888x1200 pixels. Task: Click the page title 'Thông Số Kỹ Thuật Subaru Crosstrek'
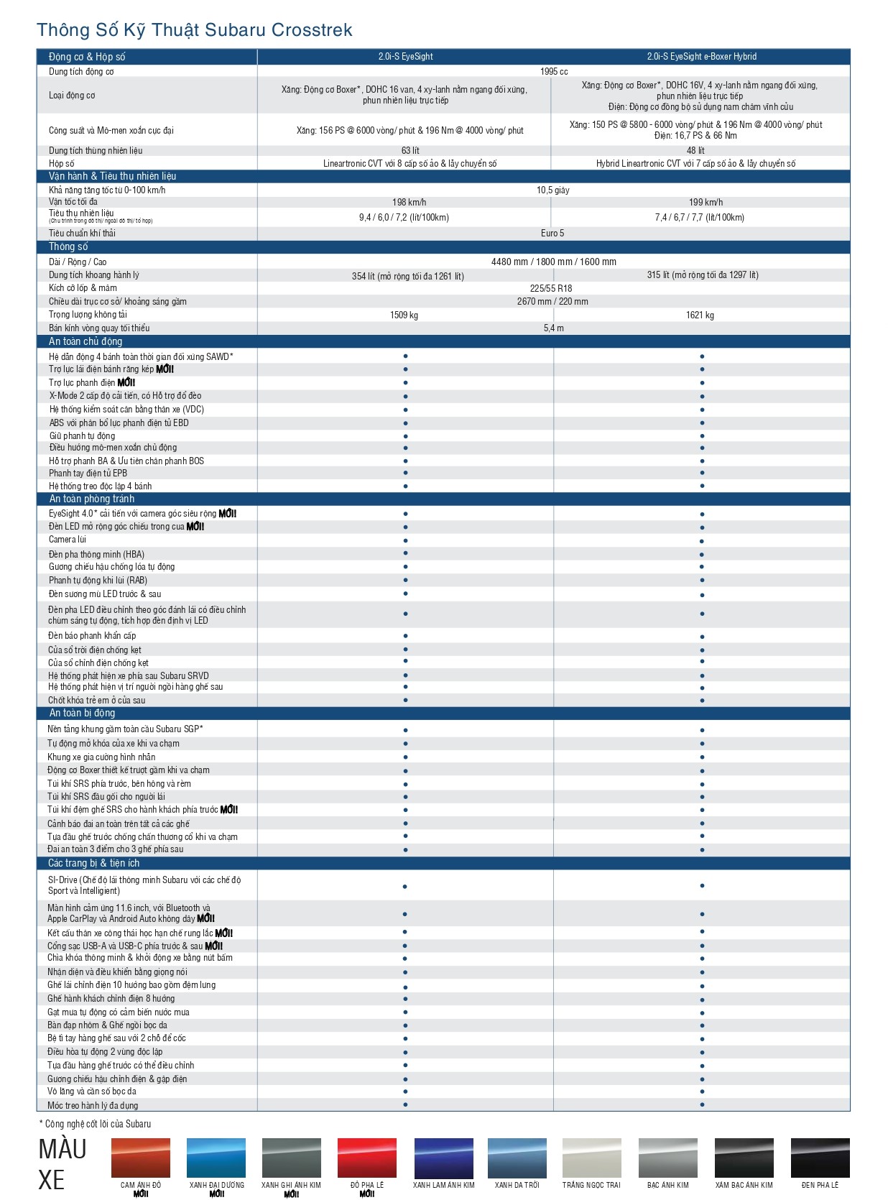(194, 30)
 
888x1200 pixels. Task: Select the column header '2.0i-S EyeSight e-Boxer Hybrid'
(701, 57)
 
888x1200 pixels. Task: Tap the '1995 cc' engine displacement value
(554, 72)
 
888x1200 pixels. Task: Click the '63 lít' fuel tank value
(410, 151)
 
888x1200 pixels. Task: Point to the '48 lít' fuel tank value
(695, 151)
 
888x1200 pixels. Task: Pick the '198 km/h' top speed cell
(409, 203)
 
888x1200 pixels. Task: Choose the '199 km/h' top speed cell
(706, 203)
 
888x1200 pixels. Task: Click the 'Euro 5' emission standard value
(552, 234)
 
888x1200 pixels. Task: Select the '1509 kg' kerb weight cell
(404, 315)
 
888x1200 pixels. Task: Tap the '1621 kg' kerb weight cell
(700, 315)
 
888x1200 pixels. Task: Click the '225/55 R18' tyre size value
(551, 289)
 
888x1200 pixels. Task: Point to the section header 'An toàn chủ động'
(85, 342)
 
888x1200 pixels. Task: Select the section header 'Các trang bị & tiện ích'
(93, 864)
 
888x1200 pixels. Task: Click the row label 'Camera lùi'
(68, 540)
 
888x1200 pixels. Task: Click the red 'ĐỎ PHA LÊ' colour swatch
(366, 1158)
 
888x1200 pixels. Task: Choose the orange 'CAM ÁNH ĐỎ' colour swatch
(141, 1158)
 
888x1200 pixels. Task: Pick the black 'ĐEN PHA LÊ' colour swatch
(820, 1158)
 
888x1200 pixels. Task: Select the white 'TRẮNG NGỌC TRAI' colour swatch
(591, 1158)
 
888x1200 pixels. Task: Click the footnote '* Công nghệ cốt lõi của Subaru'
(95, 1124)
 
